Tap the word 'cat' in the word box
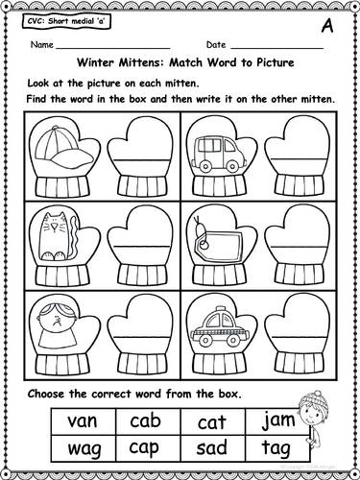pyautogui.click(x=211, y=422)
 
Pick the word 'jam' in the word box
pyautogui.click(x=277, y=420)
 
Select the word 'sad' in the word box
pyautogui.click(x=211, y=448)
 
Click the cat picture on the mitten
pyautogui.click(x=59, y=237)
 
